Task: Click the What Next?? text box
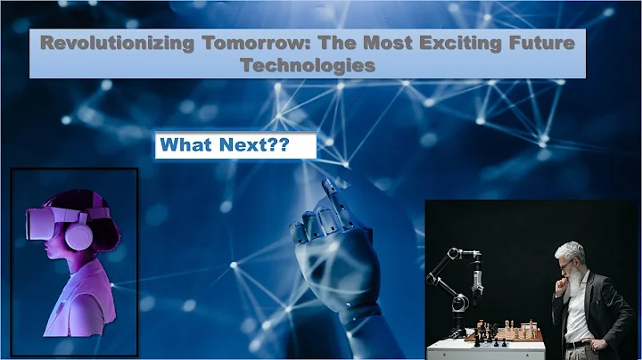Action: tap(235, 146)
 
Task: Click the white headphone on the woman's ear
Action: tap(78, 236)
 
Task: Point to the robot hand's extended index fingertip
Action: tap(326, 184)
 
